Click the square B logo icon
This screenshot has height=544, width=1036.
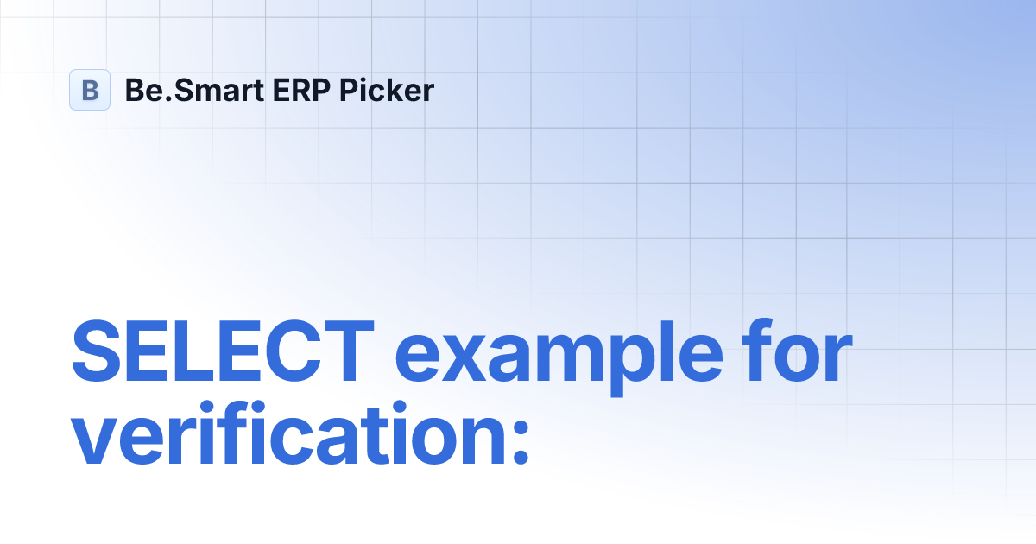click(x=90, y=90)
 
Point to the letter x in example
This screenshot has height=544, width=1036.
click(x=458, y=361)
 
